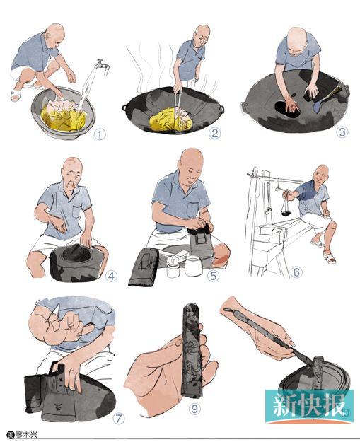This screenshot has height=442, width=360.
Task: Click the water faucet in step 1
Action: (x=103, y=66)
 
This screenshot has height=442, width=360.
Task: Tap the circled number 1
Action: (x=100, y=134)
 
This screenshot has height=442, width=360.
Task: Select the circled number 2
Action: (x=215, y=133)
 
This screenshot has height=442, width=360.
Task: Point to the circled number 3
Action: (x=342, y=132)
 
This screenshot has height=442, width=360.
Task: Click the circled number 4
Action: (x=111, y=277)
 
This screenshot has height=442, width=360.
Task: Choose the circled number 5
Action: (x=213, y=276)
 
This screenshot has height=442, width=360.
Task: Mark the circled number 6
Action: (x=296, y=272)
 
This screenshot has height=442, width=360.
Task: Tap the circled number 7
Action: (x=118, y=419)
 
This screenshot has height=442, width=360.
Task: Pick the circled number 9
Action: (x=194, y=408)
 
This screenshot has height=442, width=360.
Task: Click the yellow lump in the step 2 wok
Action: (x=170, y=120)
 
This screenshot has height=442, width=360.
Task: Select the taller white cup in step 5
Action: (x=194, y=266)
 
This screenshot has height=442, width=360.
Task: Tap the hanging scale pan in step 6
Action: (x=287, y=213)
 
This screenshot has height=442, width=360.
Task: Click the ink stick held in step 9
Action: (x=192, y=349)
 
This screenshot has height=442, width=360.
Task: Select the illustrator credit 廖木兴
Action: (x=26, y=434)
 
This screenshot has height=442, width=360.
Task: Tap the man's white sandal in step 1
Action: (x=16, y=95)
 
